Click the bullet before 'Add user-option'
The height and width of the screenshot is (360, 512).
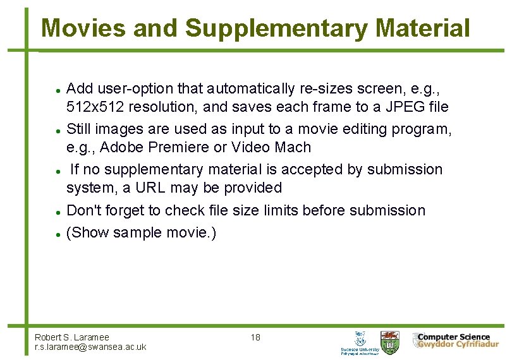click(58, 88)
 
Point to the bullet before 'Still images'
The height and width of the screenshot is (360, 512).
click(58, 130)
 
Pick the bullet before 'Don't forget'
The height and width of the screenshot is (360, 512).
click(58, 212)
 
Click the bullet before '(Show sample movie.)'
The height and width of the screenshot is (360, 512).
click(58, 234)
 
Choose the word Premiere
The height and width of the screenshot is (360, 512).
click(178, 148)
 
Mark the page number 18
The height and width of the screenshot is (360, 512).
click(255, 337)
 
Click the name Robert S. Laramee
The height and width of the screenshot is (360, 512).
click(71, 337)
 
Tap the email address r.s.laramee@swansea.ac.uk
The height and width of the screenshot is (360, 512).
click(90, 347)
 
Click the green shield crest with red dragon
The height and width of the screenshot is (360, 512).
click(389, 341)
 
